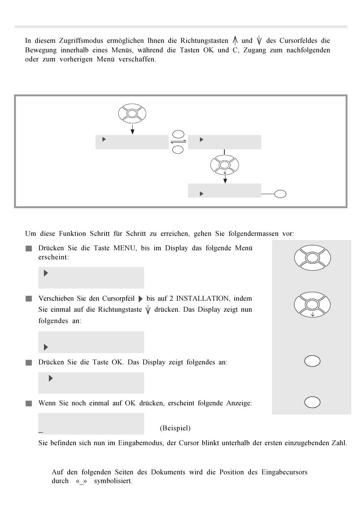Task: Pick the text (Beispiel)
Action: [175, 428]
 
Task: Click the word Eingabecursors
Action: [284, 472]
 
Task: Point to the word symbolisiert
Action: [113, 481]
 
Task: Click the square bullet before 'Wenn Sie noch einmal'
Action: [29, 404]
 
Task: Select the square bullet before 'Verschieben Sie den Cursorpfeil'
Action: [29, 299]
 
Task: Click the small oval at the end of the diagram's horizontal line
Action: [280, 194]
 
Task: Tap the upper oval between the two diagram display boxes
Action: [178, 134]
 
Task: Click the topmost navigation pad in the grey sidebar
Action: [312, 258]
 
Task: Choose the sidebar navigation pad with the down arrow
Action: [312, 304]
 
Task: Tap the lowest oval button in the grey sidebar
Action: [312, 402]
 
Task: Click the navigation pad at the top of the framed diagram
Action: [132, 113]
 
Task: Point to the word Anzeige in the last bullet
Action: [239, 403]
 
